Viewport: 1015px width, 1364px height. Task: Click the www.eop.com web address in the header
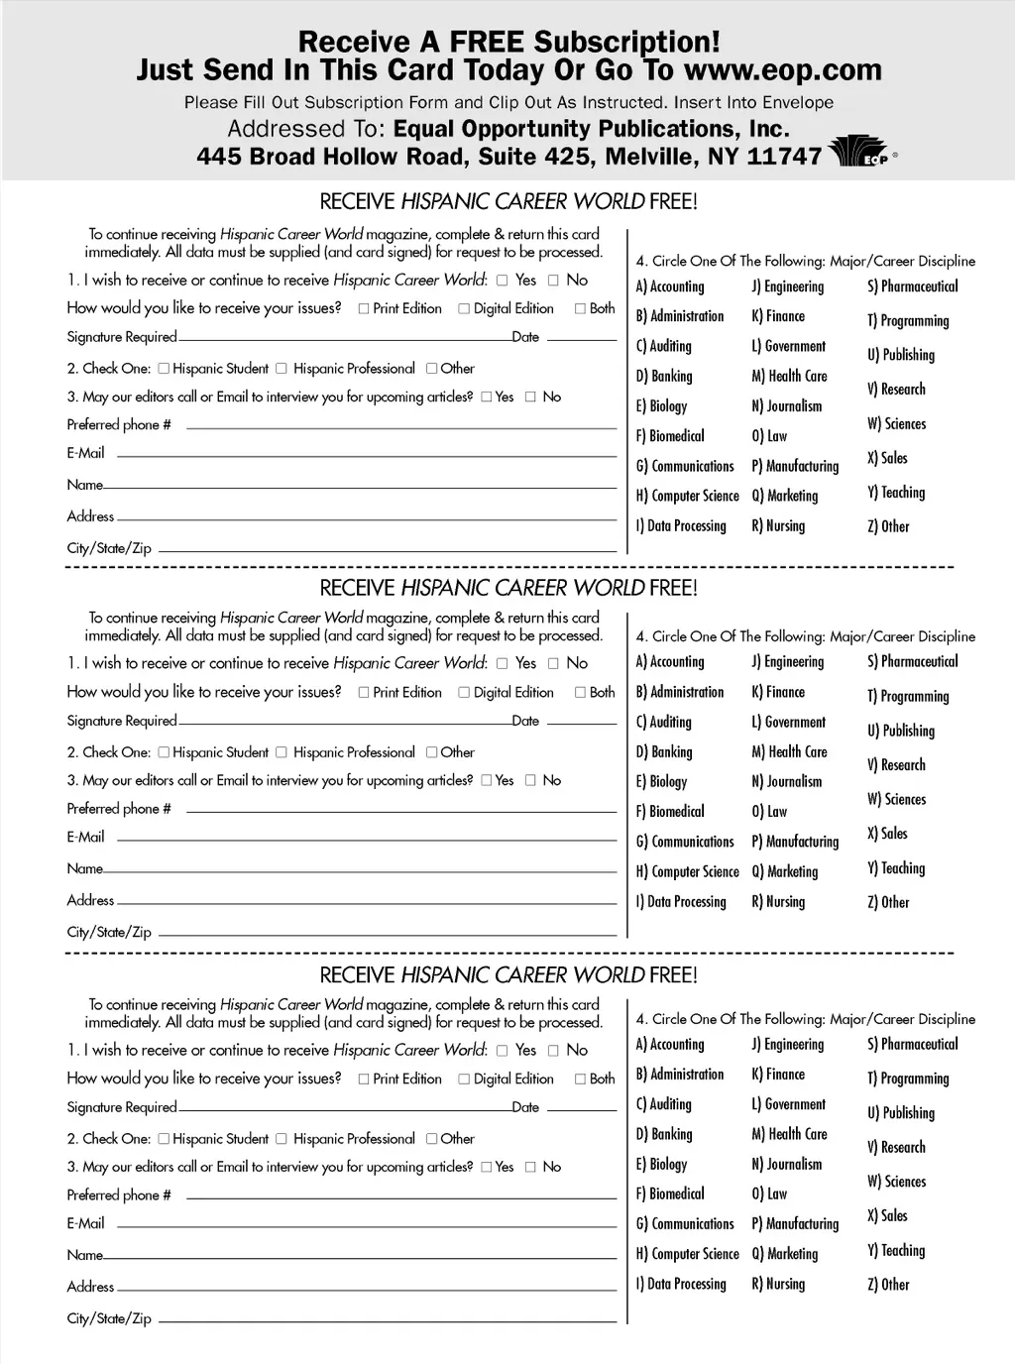tap(782, 70)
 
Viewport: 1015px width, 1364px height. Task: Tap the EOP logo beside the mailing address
tap(858, 154)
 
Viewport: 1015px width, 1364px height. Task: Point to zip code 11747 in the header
tap(784, 157)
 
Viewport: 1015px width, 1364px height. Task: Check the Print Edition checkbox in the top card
tap(364, 308)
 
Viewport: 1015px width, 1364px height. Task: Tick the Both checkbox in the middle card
tap(581, 692)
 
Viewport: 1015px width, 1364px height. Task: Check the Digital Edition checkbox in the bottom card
tap(464, 1079)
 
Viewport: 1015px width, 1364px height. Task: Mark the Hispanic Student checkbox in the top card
tap(165, 368)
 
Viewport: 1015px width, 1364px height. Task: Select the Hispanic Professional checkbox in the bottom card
tap(282, 1139)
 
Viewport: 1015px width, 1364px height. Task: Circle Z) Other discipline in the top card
tap(888, 526)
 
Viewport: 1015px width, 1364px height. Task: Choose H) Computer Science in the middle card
tap(687, 871)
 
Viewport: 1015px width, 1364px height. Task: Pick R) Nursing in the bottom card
tap(778, 1284)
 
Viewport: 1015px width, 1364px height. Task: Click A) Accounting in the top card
tap(670, 286)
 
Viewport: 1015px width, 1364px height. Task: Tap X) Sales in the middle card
tap(887, 834)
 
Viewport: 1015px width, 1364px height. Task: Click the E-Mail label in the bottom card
tap(85, 1223)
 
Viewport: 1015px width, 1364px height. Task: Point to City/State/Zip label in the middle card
tap(109, 932)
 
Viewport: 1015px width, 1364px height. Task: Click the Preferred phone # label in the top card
tap(119, 424)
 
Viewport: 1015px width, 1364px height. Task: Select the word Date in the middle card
tap(525, 721)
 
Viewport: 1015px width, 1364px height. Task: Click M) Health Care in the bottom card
tap(789, 1134)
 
